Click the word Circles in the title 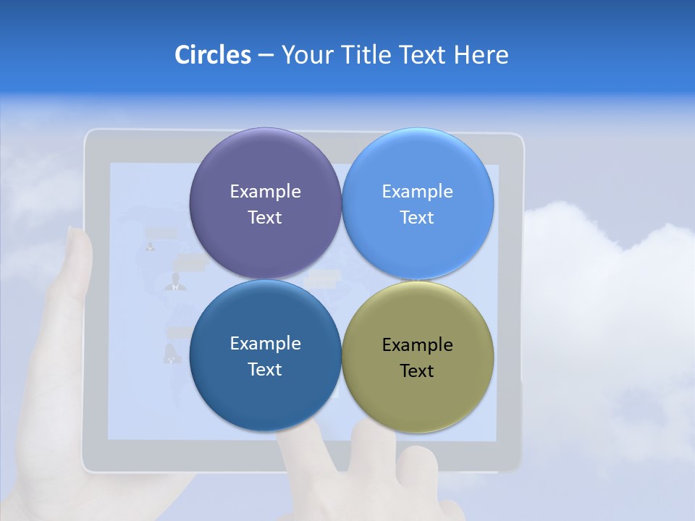point(212,55)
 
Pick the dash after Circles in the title point(265,56)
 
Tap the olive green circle point(418,398)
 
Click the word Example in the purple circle point(265,192)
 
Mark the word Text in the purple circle point(265,218)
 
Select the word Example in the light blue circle point(418,192)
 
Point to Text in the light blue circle point(418,218)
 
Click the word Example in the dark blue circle point(265,344)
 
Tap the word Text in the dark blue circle point(265,370)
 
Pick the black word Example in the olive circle point(418,345)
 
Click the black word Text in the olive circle point(418,371)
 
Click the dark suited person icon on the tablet point(175,283)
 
